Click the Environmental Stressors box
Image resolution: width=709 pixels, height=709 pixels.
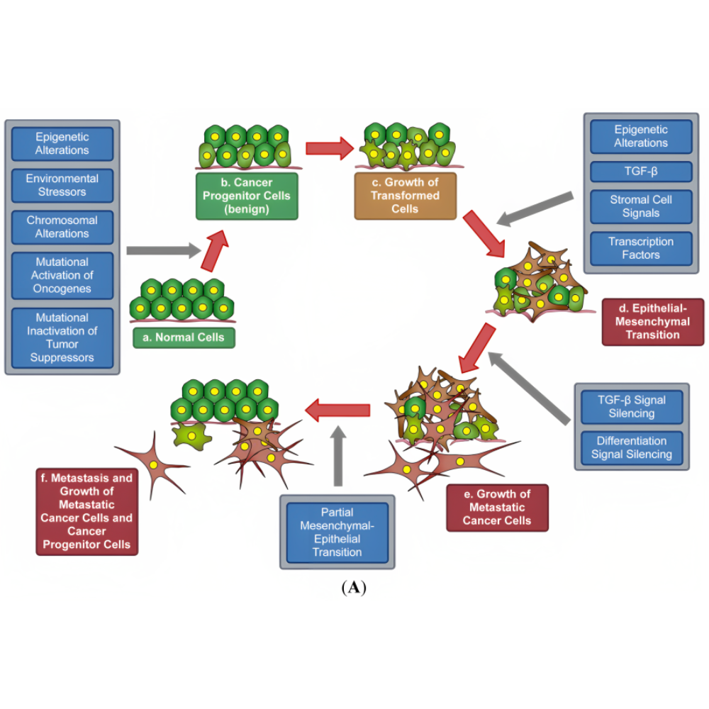62,185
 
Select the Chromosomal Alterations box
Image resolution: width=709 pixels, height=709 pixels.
62,227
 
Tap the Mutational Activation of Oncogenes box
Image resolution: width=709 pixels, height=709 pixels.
62,275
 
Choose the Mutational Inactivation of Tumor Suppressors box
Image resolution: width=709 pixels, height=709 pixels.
62,337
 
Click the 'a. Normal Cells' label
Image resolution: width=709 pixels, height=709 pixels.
184,337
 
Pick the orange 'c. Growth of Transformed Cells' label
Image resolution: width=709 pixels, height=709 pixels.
406,196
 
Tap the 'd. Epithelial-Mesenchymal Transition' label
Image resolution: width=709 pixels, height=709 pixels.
652,321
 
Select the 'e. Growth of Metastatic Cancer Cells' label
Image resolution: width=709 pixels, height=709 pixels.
498,507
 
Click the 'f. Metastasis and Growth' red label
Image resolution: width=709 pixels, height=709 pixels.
86,511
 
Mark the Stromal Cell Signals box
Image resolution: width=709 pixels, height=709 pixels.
641,206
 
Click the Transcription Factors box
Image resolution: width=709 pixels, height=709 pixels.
641,248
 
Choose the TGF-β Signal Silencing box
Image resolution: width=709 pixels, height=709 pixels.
631,406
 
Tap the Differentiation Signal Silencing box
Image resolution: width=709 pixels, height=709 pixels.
631,447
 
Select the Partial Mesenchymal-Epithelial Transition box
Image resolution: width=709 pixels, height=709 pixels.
337,532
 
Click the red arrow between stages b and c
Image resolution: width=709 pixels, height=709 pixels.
329,148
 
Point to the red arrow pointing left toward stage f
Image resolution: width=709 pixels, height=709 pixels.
338,409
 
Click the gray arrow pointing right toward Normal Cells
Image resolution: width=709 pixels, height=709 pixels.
162,250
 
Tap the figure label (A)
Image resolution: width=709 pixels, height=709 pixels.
353,588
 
